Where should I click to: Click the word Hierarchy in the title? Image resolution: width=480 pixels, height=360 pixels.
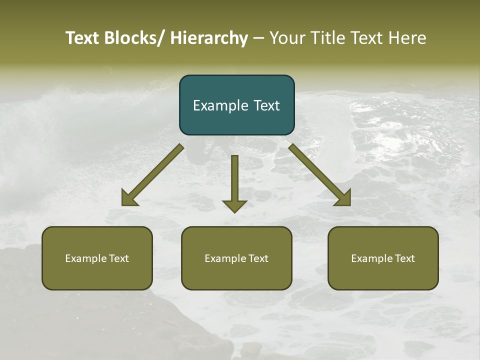coord(209,38)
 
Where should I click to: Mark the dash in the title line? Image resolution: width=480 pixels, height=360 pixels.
coord(258,38)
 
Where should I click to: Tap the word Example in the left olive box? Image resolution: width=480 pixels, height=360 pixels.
coord(86,258)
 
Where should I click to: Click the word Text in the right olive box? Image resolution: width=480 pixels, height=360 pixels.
coord(404,258)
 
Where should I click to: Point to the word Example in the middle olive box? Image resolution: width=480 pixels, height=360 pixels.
coord(225,258)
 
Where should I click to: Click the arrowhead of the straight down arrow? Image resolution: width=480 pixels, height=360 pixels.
coord(234,205)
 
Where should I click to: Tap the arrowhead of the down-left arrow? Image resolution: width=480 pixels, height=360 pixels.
coord(129,198)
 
